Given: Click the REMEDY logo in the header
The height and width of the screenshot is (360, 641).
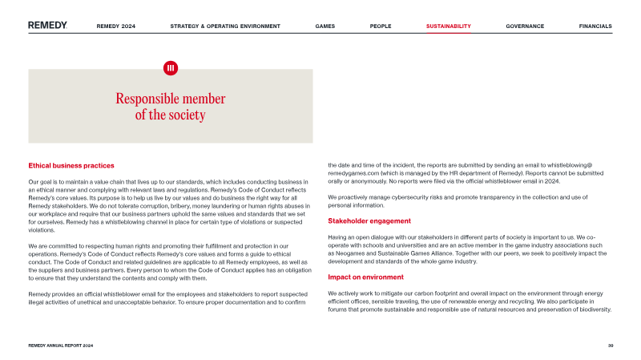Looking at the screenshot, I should [47, 26].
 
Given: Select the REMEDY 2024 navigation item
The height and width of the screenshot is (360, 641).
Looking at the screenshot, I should [116, 26].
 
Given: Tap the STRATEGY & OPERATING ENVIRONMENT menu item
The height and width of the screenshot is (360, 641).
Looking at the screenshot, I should [225, 26].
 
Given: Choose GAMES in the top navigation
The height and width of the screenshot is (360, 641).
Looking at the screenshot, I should [325, 26].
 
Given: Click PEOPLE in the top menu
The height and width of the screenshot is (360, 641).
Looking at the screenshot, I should [381, 26].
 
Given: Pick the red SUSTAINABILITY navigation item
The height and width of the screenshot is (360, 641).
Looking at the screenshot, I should [449, 26].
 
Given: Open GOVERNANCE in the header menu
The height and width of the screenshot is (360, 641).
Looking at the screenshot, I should [525, 26].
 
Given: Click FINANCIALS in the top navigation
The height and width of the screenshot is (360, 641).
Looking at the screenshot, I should [595, 26].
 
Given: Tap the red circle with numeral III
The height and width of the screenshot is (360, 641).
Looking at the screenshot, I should [170, 68].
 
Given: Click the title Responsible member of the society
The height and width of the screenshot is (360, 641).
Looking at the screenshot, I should [170, 107].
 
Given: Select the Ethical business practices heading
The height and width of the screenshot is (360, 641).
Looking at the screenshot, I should [71, 166].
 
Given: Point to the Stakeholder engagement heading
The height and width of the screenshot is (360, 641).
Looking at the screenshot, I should [369, 220].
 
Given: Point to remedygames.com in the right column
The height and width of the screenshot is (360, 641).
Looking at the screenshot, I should [353, 173].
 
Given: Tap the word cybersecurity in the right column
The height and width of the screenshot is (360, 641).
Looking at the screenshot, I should [409, 196].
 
